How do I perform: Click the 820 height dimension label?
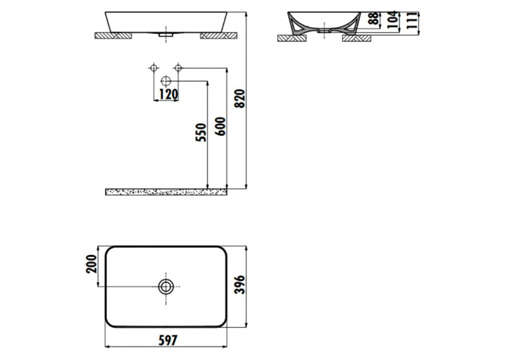(240, 98)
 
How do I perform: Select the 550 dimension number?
(200, 132)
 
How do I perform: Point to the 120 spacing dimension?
(168, 94)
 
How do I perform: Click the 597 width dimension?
(168, 340)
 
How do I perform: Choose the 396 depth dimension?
(240, 285)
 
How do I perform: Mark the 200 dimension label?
(91, 264)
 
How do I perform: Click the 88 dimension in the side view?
(374, 18)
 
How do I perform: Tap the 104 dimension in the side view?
(392, 20)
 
